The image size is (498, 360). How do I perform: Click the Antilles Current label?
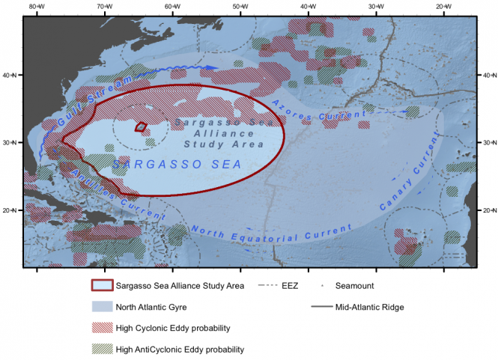click(100, 188)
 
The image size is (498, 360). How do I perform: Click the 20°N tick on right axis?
click(485, 210)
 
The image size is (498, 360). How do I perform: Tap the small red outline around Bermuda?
click(140, 127)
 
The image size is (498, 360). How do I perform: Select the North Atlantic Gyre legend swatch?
click(101, 307)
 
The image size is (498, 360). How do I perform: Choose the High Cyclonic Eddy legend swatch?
click(101, 327)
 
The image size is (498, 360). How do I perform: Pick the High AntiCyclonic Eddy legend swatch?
click(101, 349)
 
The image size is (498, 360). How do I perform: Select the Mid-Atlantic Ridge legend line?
click(324, 307)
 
